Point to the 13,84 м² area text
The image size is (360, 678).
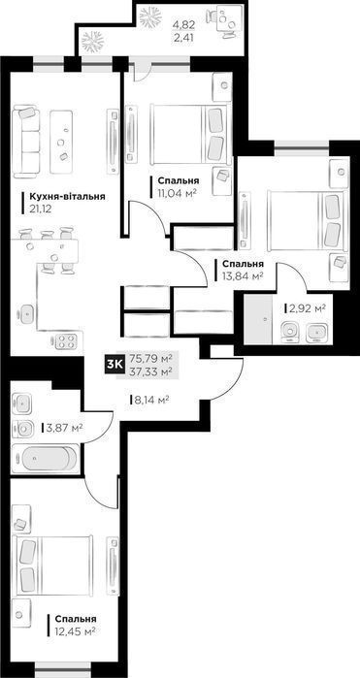click(x=244, y=276)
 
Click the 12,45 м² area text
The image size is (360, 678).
click(x=76, y=631)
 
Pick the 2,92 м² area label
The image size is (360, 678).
click(x=305, y=308)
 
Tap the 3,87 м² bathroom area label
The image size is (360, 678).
click(x=63, y=427)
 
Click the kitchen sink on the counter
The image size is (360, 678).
click(x=26, y=312)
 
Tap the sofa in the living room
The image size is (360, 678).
click(x=28, y=140)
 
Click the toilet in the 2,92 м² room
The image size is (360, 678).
click(x=286, y=334)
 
